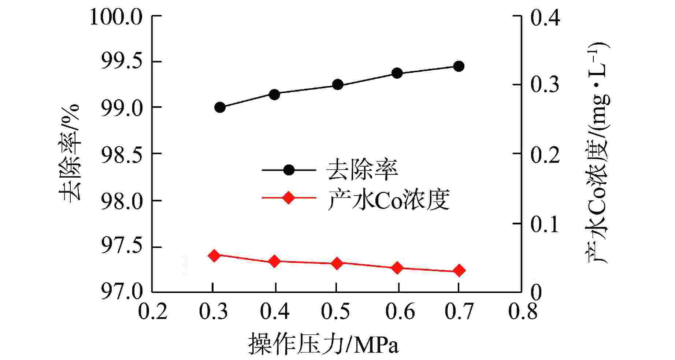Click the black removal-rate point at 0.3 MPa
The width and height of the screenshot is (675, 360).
tap(220, 108)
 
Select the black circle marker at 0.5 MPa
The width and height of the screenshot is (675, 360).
tap(337, 85)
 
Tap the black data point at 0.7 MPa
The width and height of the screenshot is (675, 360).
tap(458, 66)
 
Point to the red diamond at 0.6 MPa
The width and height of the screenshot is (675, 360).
tap(397, 268)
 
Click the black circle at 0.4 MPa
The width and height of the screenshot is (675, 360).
tap(274, 94)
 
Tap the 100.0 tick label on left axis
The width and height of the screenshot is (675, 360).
tap(116, 17)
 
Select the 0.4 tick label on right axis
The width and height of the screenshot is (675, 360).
tap(545, 17)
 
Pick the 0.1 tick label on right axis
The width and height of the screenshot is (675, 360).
tap(545, 224)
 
